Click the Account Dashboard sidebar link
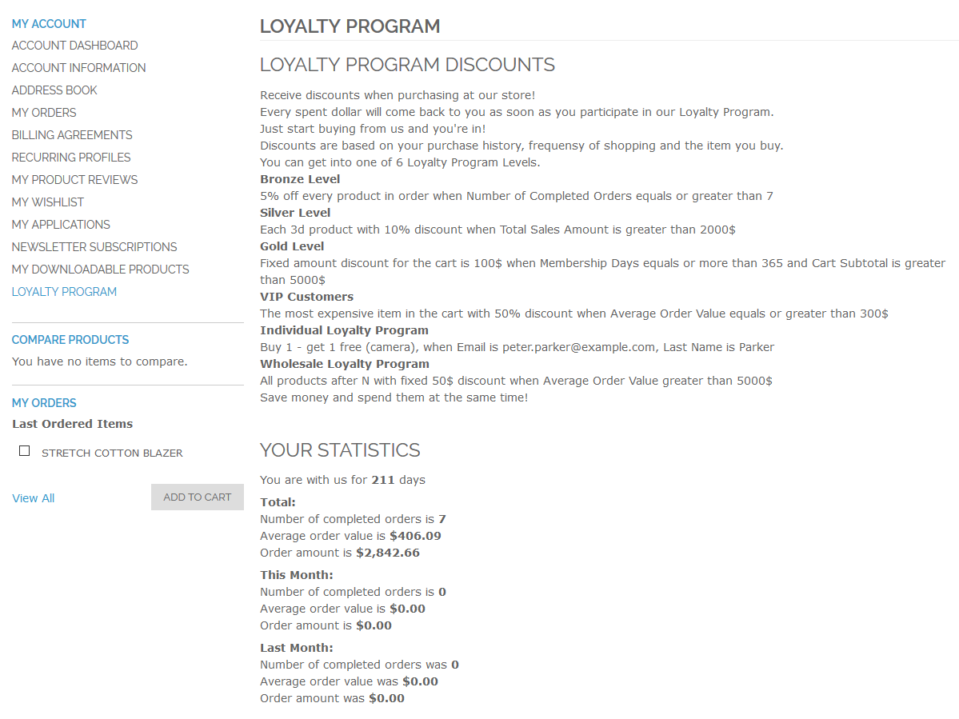74,46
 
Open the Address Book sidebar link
54,90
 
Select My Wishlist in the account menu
48,202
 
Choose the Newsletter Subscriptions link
94,247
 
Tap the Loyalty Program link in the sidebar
64,292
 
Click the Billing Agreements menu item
72,135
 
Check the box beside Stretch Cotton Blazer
25,451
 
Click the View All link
34,498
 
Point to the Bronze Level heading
300,179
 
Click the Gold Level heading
292,246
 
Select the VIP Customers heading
306,297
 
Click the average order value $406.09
415,536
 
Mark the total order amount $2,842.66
387,553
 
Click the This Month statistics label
297,575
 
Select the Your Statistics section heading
340,450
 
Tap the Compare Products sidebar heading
70,340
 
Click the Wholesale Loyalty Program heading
345,364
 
